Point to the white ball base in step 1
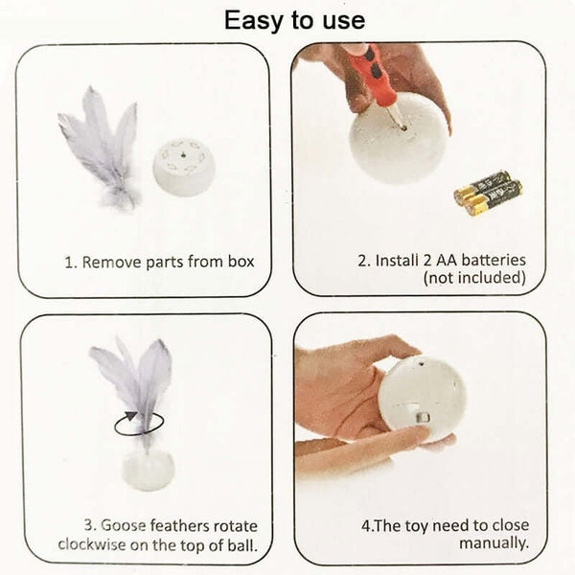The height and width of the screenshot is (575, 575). click(183, 166)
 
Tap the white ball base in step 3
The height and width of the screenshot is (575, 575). click(149, 470)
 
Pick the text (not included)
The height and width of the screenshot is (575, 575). click(475, 279)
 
